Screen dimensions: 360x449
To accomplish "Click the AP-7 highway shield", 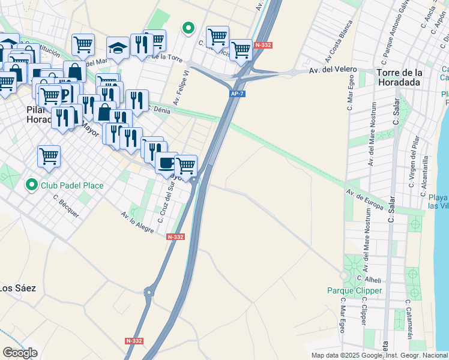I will pyautogui.click(x=237, y=94).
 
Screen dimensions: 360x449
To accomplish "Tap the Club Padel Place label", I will pyautogui.click(x=72, y=185).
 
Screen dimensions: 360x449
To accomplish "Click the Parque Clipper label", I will pyautogui.click(x=354, y=290).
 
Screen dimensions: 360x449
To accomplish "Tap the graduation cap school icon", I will pyautogui.click(x=118, y=49).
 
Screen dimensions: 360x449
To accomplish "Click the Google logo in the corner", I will pyautogui.click(x=19, y=353).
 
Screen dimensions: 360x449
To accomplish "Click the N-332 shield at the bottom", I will pyautogui.click(x=134, y=341).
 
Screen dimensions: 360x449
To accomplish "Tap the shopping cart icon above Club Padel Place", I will pyautogui.click(x=49, y=155).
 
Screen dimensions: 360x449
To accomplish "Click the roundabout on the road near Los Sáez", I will pyautogui.click(x=148, y=293).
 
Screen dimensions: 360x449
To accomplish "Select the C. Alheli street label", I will pyautogui.click(x=369, y=279).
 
